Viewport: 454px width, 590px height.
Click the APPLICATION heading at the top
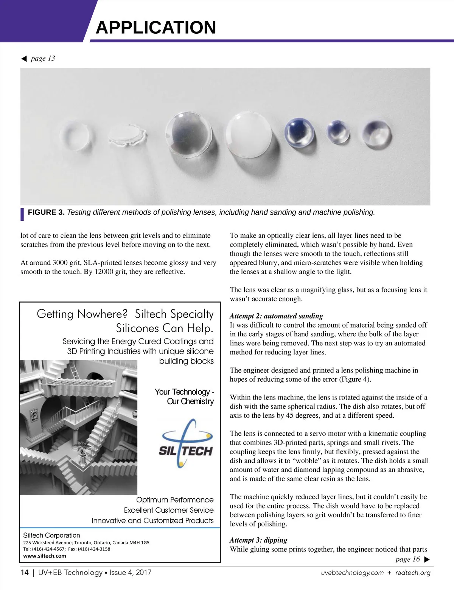coord(155,28)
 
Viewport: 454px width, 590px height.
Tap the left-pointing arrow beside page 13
coord(24,58)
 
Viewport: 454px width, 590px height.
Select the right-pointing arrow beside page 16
coord(427,559)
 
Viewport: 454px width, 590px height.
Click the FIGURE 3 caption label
coord(46,212)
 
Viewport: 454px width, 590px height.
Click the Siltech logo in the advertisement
coord(185,443)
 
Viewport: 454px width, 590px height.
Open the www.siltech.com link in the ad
coord(45,556)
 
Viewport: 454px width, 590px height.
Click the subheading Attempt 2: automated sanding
coord(276,316)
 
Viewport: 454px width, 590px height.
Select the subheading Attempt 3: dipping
coord(258,540)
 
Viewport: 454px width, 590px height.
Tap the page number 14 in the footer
coord(25,572)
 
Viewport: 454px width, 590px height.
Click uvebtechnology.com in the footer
coord(352,573)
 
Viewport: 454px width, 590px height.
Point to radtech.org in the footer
coord(413,573)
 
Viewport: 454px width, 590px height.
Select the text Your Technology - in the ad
coord(184,392)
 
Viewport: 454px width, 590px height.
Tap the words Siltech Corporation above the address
coord(51,535)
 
